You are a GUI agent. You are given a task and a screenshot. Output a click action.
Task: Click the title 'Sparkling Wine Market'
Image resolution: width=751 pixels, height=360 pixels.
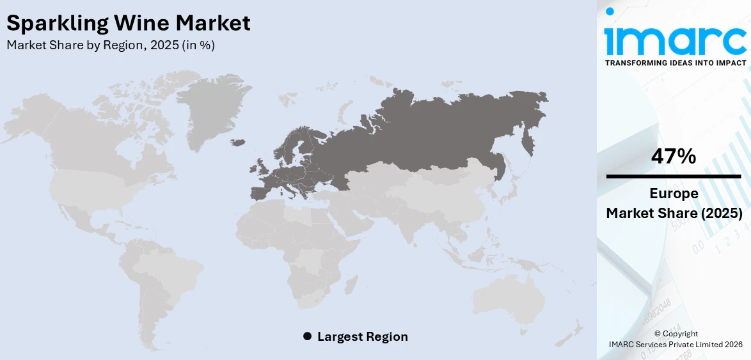[128, 23]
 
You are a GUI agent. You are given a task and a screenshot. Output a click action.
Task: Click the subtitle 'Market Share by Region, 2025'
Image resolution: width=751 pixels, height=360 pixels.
[110, 45]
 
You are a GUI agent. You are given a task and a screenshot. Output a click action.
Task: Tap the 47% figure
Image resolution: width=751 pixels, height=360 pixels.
[674, 156]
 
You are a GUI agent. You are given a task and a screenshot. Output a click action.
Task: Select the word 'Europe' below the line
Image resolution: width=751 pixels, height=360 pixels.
[674, 194]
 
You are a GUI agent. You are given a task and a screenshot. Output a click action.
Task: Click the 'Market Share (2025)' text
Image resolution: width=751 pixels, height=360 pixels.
[674, 214]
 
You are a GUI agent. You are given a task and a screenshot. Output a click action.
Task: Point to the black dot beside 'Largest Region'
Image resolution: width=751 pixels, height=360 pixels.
[307, 336]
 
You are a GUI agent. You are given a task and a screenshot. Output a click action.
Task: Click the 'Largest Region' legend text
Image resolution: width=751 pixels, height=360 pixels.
[362, 336]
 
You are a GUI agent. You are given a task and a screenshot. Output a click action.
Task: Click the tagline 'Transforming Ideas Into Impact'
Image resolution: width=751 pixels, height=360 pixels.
[675, 63]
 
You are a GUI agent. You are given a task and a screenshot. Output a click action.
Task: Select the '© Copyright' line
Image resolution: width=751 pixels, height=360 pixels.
[676, 334]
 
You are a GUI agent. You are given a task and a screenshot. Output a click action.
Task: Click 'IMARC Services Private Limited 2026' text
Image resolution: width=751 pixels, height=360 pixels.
[676, 345]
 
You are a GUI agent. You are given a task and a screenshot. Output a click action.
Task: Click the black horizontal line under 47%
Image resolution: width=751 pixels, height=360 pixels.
[674, 176]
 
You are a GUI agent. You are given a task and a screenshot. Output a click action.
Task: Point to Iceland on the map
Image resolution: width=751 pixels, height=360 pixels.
[239, 141]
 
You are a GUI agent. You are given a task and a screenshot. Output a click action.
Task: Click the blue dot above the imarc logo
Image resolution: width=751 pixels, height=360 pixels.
[610, 11]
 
